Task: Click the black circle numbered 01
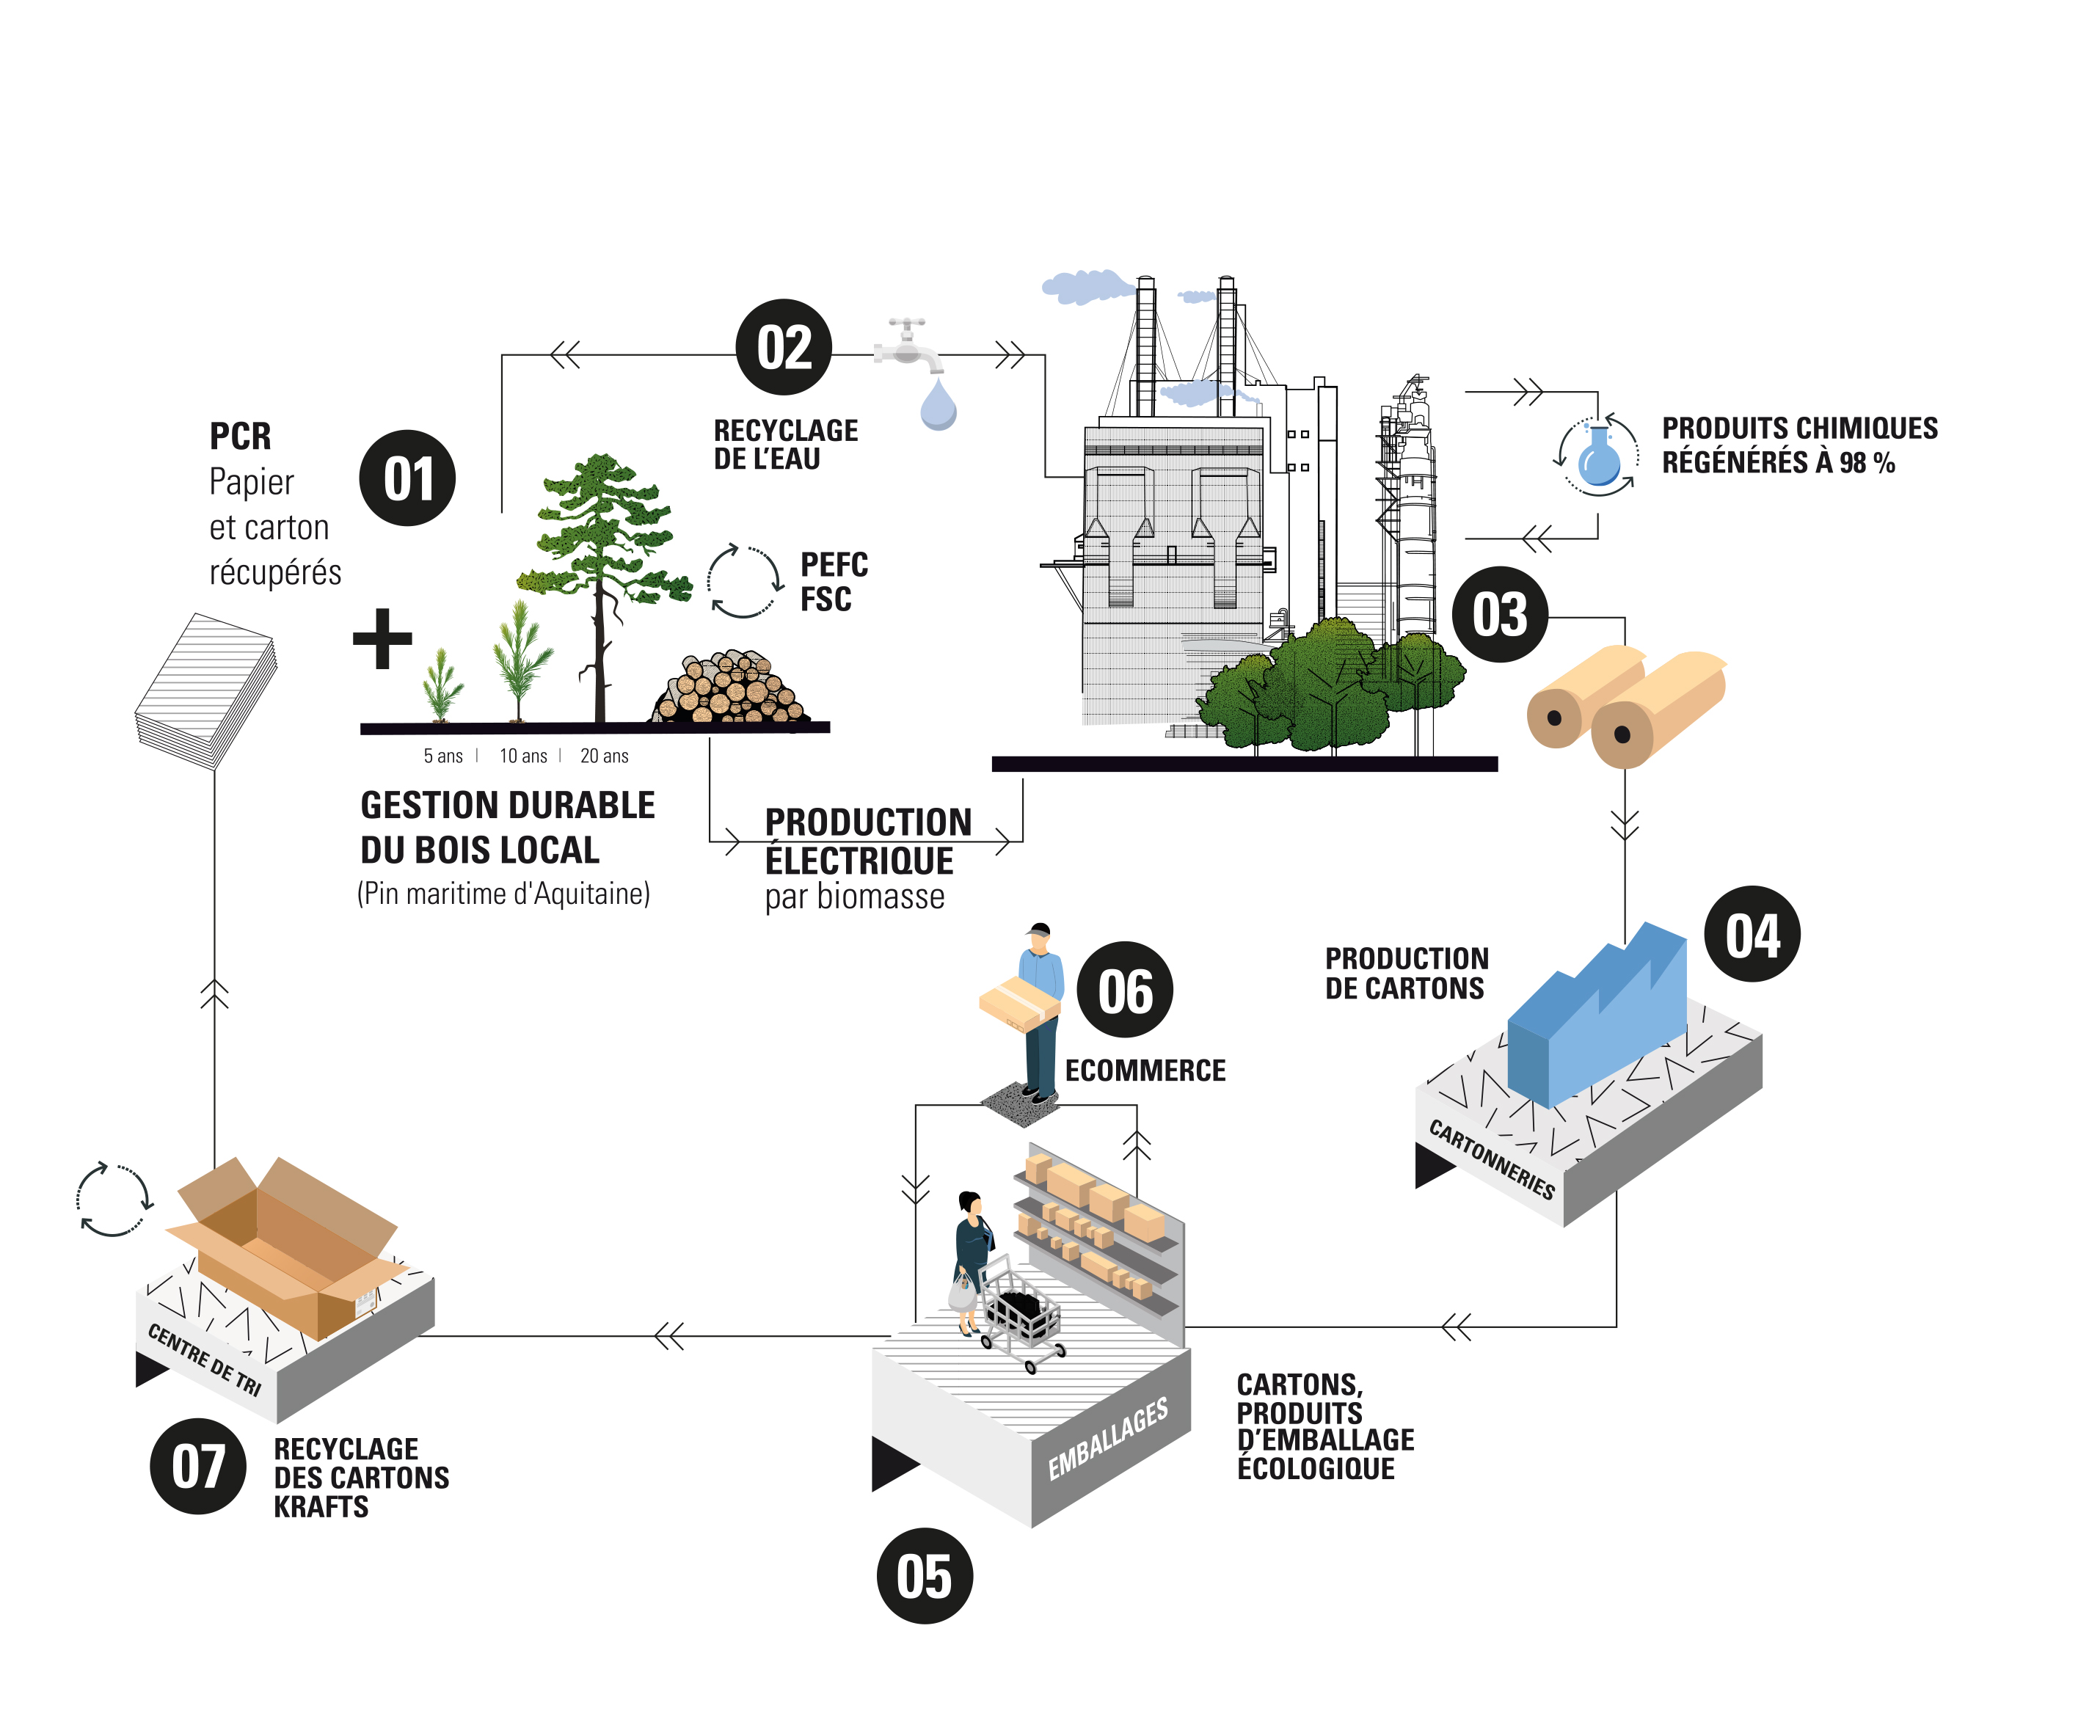407,478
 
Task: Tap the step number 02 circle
784,347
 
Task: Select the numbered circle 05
925,1575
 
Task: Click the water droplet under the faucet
938,404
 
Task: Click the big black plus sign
382,638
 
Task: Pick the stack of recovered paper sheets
206,690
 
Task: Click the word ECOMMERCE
1145,1070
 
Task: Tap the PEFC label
834,565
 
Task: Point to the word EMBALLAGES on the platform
1108,1438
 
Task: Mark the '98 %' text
1867,463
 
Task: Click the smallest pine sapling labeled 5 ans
442,686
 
